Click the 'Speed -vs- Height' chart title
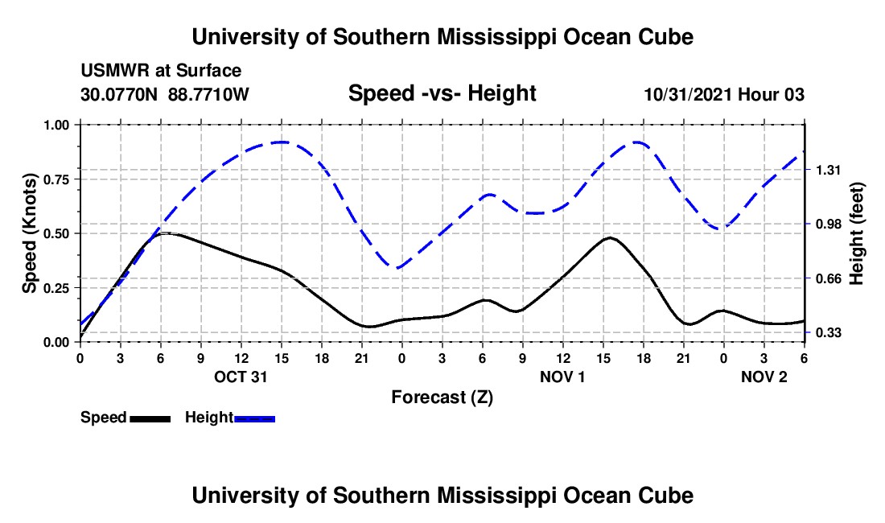pos(442,93)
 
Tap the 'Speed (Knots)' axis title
pos(29,233)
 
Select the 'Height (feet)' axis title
pos(857,233)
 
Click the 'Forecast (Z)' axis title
pos(442,397)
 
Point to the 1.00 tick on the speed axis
pos(56,125)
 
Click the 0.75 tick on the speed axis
pos(56,179)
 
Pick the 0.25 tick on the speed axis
pos(56,287)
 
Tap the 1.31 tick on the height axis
pos(827,170)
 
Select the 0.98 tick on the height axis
pos(827,224)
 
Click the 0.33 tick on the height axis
pos(827,332)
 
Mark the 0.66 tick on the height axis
pos(827,278)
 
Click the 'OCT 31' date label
pos(241,377)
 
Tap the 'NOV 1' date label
pos(562,377)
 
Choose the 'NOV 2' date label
pos(764,377)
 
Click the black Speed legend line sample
pos(150,418)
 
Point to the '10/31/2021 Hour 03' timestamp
pos(724,94)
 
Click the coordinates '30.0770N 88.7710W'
pos(165,94)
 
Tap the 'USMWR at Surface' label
pos(161,72)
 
